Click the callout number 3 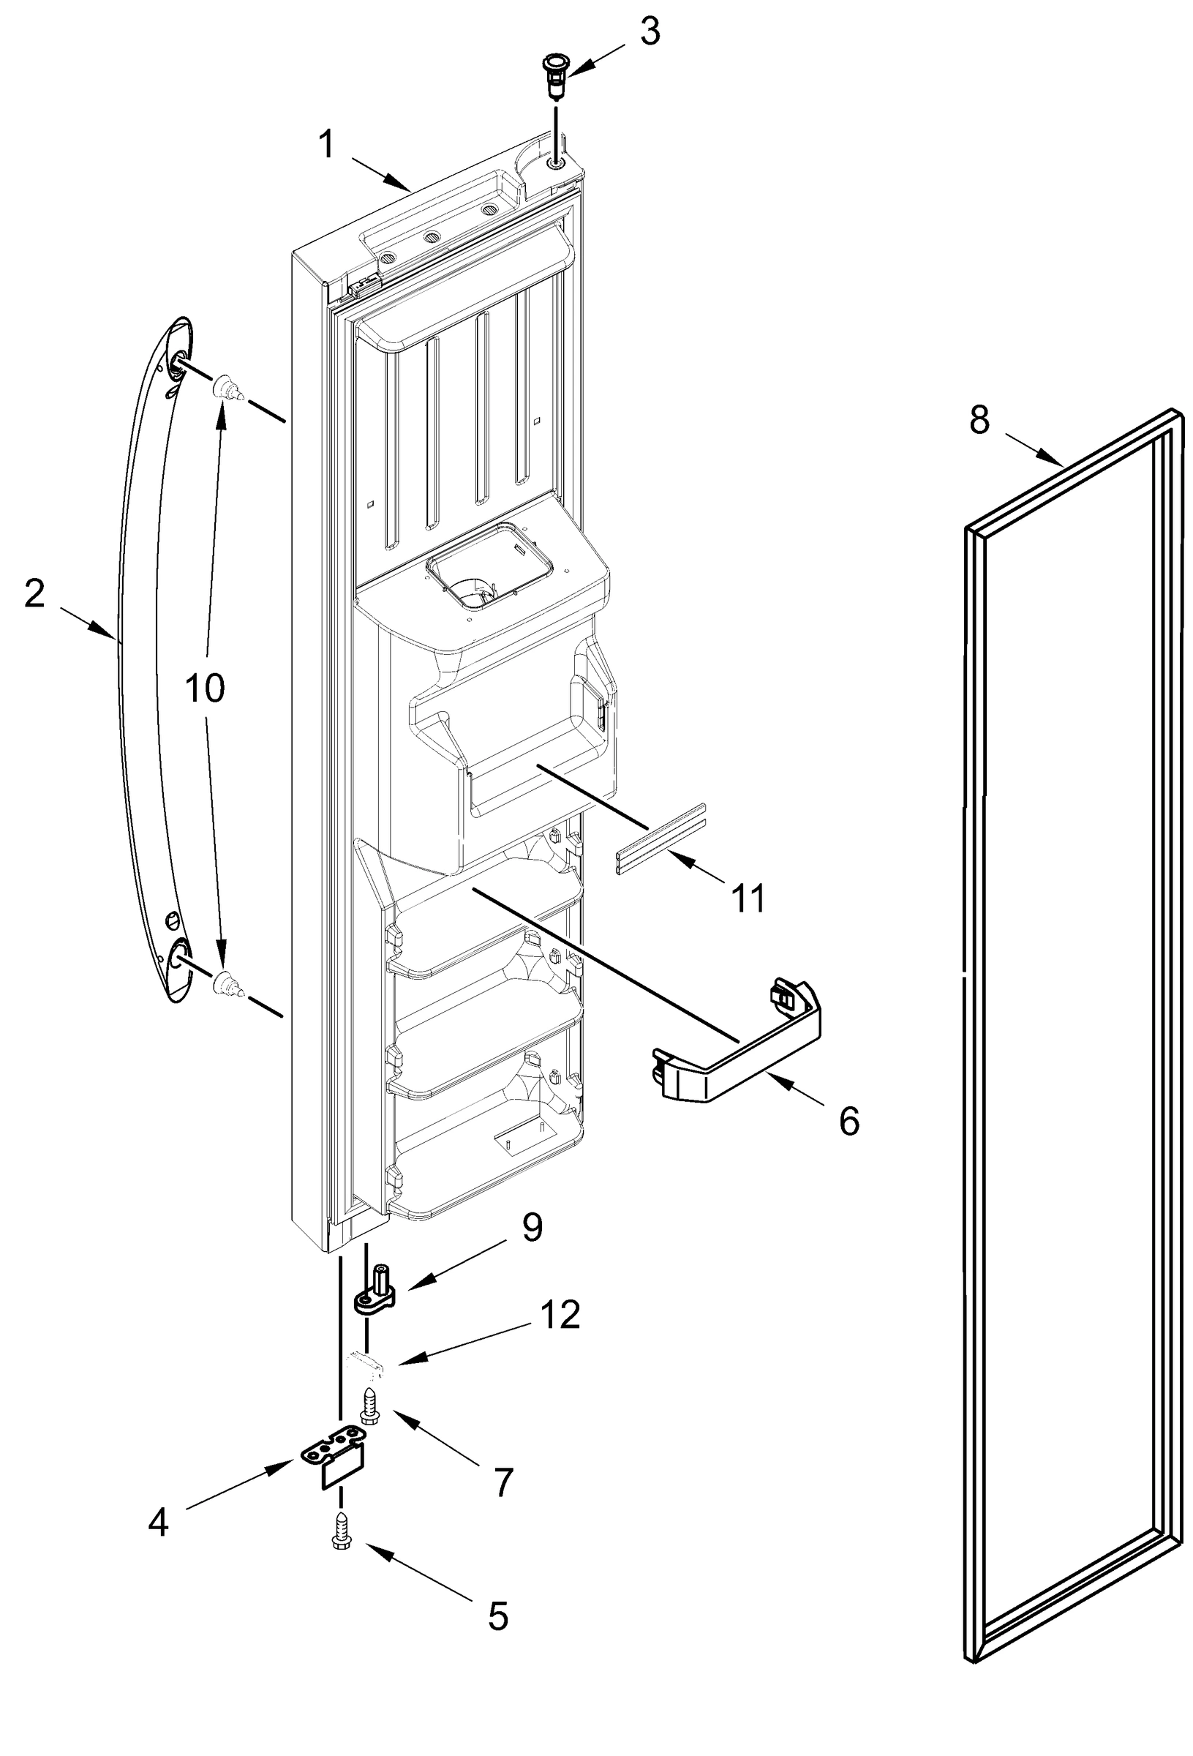point(649,32)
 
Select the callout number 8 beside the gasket point(979,419)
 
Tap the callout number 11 point(748,898)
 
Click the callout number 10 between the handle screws point(205,688)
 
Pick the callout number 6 point(849,1120)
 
